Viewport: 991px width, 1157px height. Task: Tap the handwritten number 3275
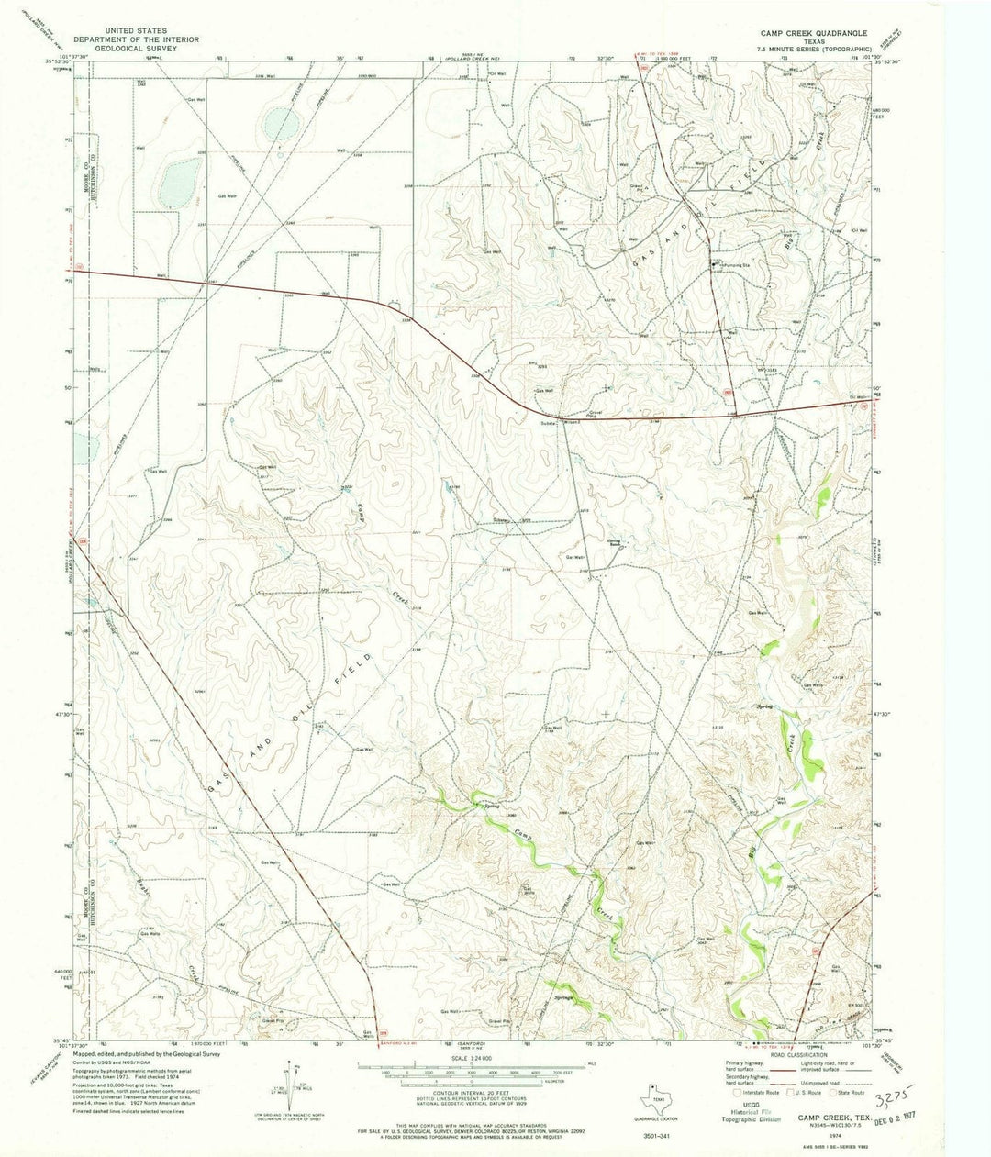(x=890, y=1099)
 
